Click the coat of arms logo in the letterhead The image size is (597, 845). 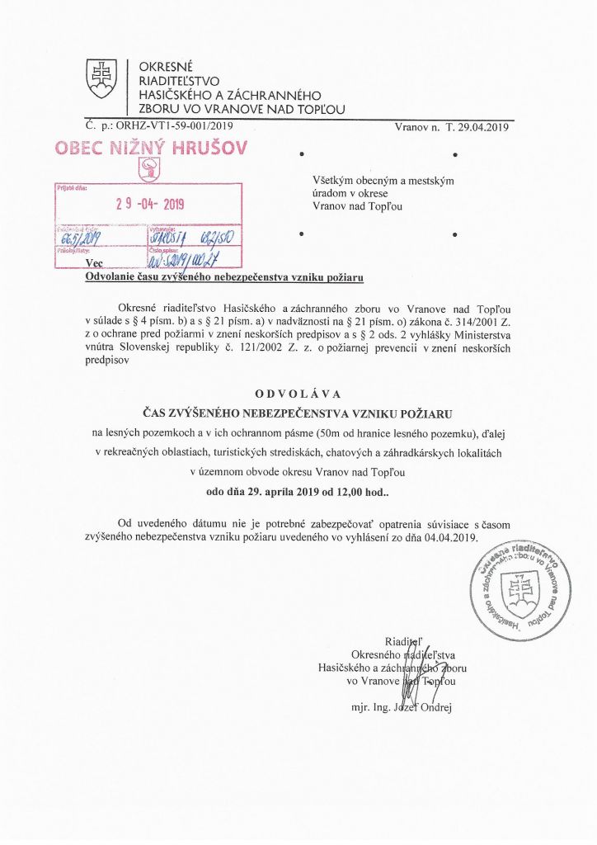pyautogui.click(x=103, y=79)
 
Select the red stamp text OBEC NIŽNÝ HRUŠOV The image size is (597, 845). pyautogui.click(x=150, y=149)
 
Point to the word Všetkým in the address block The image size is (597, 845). pyautogui.click(x=333, y=181)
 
